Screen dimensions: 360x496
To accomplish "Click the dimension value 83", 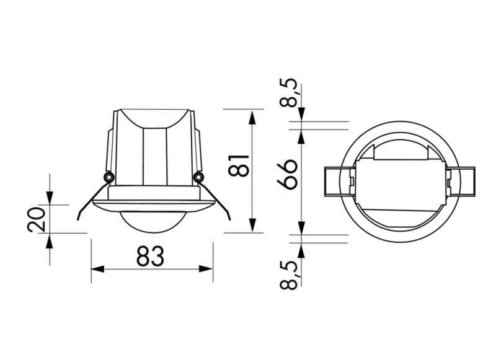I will [151, 256].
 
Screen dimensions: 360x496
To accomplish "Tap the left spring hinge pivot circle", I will [108, 178].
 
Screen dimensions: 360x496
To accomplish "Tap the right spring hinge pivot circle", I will [198, 178].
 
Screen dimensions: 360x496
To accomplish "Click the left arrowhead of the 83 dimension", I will [96, 270].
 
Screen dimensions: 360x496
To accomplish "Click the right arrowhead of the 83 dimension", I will [208, 270].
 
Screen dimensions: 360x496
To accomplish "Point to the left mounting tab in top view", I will [339, 182].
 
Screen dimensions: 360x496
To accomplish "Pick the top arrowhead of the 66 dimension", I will [301, 136].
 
